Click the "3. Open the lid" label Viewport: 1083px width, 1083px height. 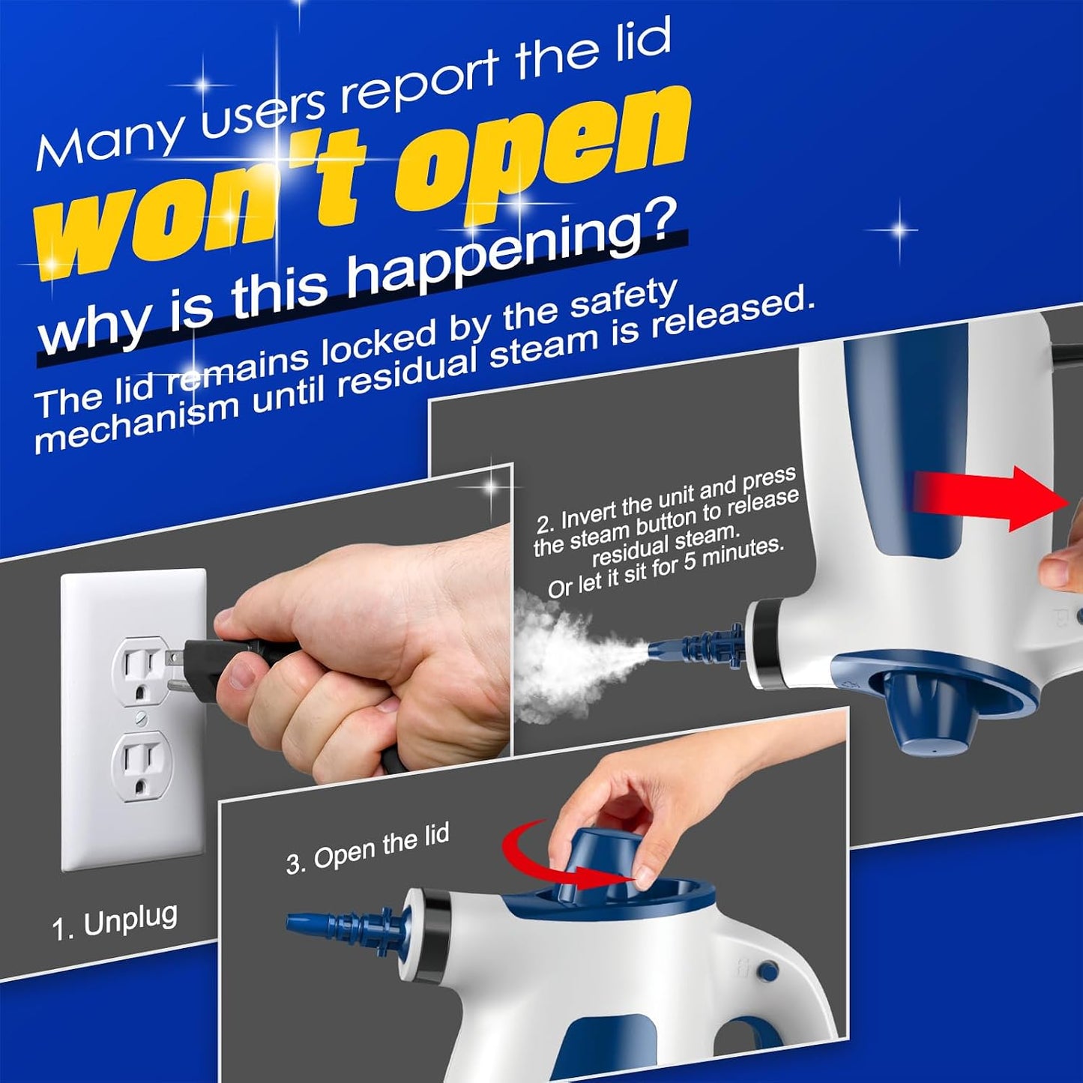pos(367,848)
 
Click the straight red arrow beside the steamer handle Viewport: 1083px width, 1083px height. pos(990,498)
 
